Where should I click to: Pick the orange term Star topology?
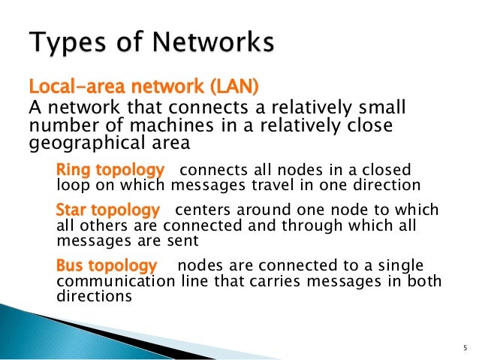coord(108,210)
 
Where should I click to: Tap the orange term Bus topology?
coord(107,265)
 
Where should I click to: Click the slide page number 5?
coord(465,346)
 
